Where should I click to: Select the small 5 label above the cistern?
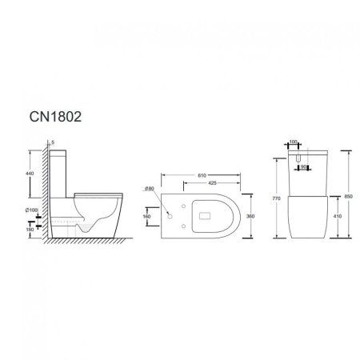point(52,143)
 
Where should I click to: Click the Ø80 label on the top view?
point(171,189)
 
